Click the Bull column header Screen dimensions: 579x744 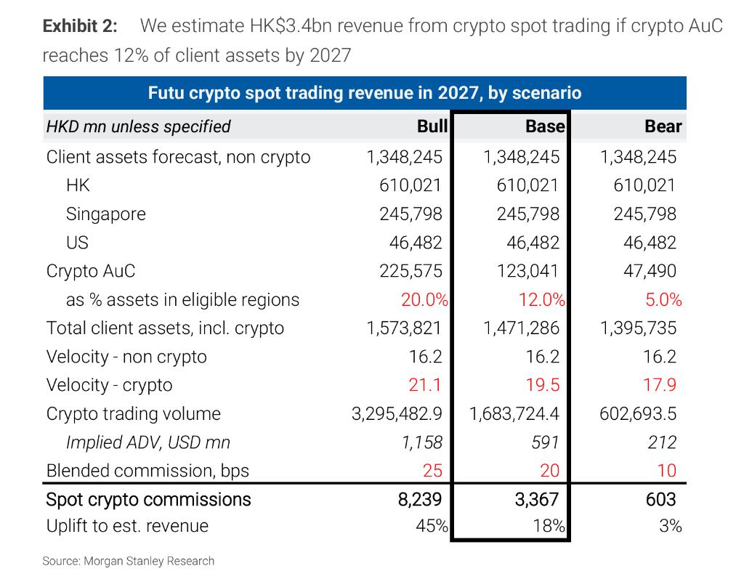(x=432, y=126)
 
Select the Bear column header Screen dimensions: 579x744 (x=663, y=126)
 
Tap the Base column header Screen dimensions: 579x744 (x=545, y=126)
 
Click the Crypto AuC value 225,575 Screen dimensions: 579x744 (x=411, y=271)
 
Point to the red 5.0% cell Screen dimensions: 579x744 (x=663, y=299)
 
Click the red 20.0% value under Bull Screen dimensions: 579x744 (x=424, y=299)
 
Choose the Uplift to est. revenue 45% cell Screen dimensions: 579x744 (x=432, y=526)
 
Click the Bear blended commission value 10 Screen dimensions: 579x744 (x=666, y=470)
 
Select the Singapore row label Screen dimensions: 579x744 (x=106, y=214)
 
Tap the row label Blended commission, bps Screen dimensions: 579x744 (x=147, y=470)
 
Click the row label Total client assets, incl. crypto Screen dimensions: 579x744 (x=165, y=328)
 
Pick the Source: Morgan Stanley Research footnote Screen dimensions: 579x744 (x=129, y=561)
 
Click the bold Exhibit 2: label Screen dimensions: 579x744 (x=80, y=26)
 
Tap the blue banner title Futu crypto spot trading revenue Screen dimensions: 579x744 (x=364, y=93)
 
